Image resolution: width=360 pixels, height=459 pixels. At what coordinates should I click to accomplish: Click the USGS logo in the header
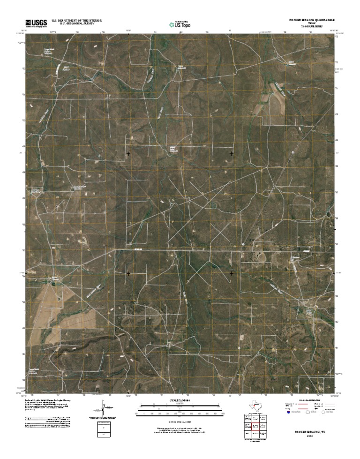36,22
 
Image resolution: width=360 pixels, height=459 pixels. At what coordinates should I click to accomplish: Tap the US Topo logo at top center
180,24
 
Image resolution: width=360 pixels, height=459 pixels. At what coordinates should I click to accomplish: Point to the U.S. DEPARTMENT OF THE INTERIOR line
76,20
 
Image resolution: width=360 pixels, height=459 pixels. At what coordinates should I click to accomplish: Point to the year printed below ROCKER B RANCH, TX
309,436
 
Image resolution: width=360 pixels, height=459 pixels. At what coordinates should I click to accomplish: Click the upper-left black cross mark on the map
128,153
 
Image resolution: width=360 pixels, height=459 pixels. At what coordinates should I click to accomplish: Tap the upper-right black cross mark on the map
232,153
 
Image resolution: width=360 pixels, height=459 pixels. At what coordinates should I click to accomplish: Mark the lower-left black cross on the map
128,273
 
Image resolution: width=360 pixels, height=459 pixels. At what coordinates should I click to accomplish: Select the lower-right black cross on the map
232,273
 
